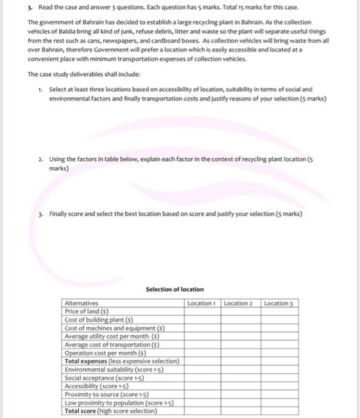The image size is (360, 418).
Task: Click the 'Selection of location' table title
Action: (x=174, y=289)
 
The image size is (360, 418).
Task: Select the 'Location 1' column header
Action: (x=201, y=303)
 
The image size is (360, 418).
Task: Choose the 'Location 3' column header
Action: (x=278, y=303)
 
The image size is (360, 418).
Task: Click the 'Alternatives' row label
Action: (x=82, y=303)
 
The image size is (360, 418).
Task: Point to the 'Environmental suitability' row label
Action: (x=113, y=369)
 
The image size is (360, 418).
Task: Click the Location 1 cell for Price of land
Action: (x=202, y=311)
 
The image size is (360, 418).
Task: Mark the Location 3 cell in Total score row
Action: (x=278, y=411)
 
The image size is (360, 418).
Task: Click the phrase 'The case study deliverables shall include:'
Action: (x=76, y=74)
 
